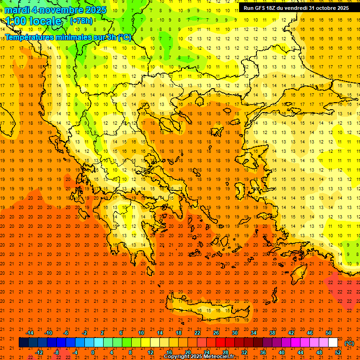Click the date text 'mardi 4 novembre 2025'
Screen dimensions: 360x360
coord(55,10)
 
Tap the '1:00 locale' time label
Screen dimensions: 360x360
coord(33,21)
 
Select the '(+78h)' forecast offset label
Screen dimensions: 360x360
coord(81,21)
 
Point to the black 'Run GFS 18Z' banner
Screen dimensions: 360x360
coord(296,8)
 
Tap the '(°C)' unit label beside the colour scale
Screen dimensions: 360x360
coord(349,343)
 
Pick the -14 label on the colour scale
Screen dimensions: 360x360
coord(30,333)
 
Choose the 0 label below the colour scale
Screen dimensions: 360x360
coord(92,352)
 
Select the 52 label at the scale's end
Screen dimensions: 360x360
coord(338,352)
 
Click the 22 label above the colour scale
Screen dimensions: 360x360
coord(197,333)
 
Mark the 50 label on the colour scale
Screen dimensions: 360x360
coord(329,333)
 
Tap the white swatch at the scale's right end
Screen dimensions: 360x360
coord(333,343)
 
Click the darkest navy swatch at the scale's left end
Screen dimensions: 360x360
coord(23,343)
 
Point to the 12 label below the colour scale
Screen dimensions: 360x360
coord(150,352)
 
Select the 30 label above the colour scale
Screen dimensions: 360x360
coord(235,333)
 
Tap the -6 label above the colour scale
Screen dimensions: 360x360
coord(66,333)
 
